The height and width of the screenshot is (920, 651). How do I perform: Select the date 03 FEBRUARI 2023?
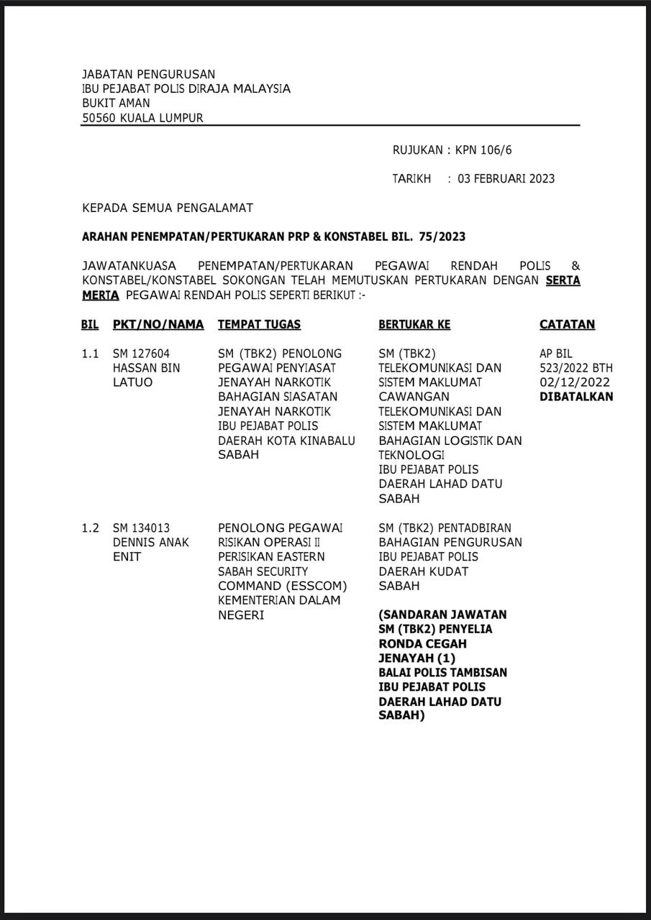[506, 179]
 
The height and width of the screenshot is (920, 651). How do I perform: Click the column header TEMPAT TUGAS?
[259, 325]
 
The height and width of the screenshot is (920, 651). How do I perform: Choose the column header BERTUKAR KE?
[414, 325]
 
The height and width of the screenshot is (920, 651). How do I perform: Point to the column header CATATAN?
[567, 325]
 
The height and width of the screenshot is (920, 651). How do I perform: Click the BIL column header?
[90, 325]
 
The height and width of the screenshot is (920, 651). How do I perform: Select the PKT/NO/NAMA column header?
[158, 325]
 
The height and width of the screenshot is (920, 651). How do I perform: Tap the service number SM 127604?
[141, 354]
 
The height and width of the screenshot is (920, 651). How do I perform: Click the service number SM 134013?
[141, 528]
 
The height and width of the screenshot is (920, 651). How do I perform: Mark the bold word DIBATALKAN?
[576, 397]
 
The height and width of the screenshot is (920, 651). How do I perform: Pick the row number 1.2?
[90, 528]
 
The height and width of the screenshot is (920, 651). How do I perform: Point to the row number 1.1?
[90, 354]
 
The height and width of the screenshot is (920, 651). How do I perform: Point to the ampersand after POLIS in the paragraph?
[575, 266]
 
